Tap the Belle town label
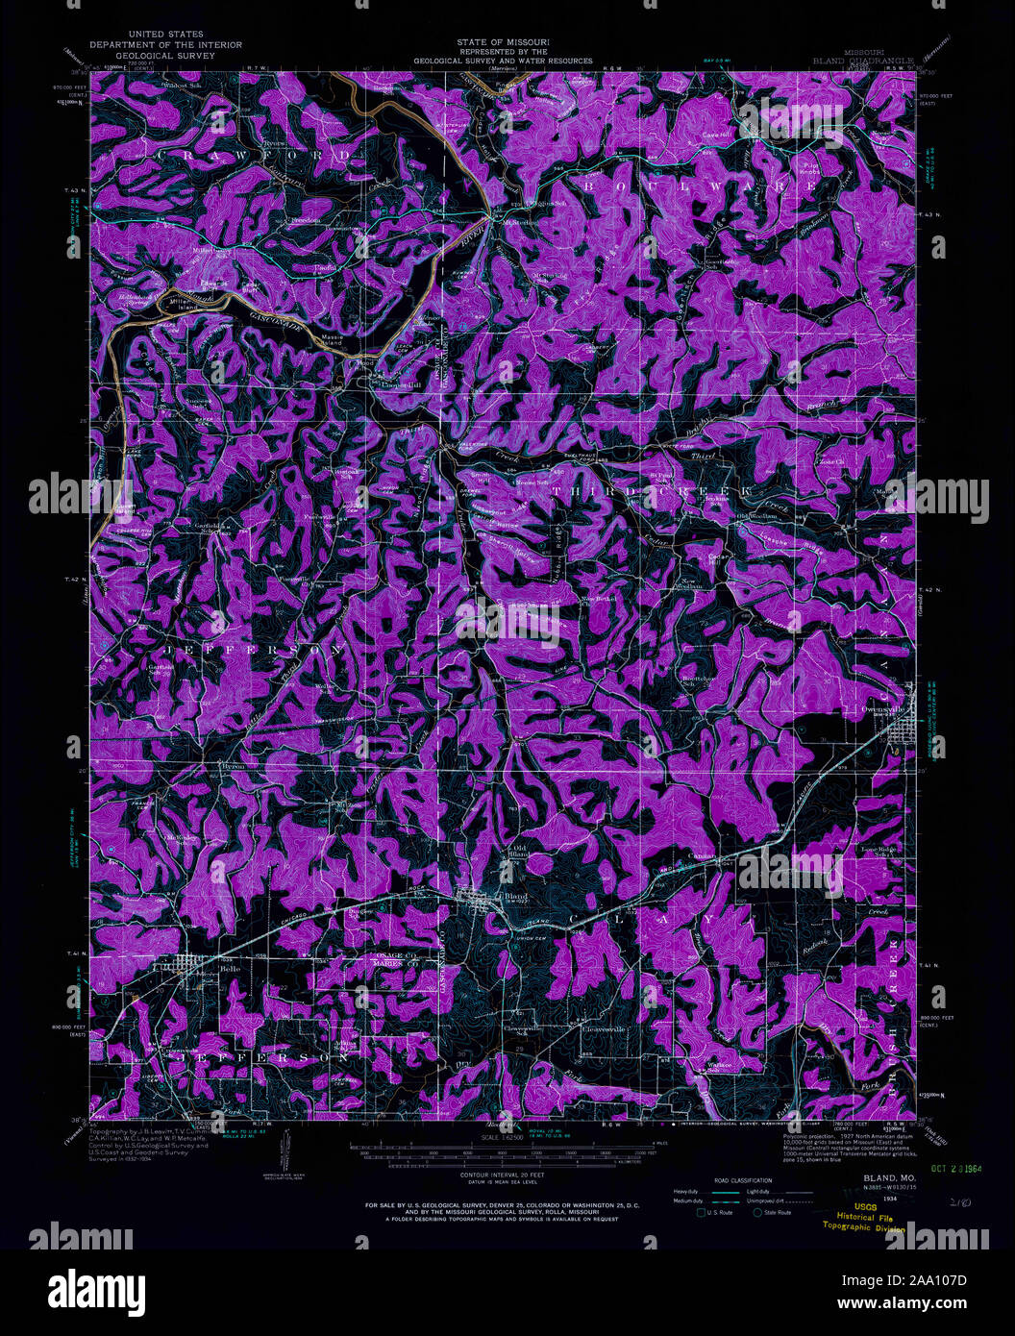click(204, 969)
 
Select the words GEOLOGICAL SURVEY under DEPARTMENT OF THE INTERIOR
click(165, 55)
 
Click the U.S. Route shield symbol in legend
click(701, 1212)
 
